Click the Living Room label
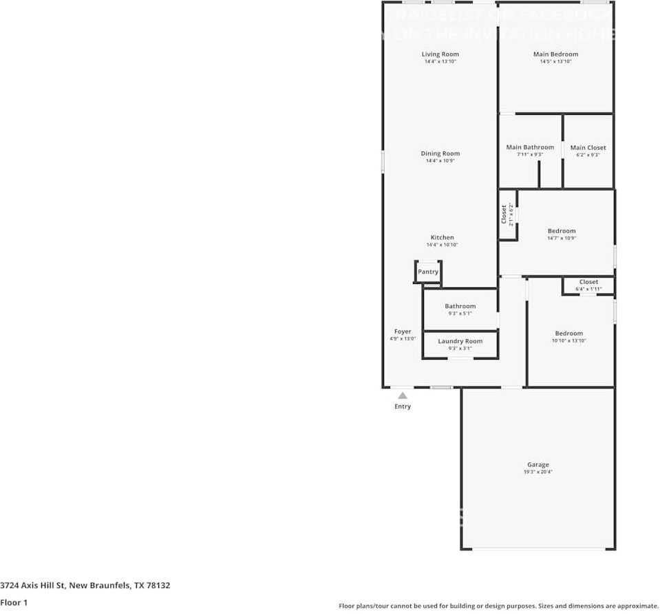440,54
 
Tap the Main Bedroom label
555,54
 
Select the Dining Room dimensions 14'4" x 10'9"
440,161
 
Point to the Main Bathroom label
530,147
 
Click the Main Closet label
588,147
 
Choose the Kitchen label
442,237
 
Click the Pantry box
428,272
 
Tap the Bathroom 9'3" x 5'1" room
460,309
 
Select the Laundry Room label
460,341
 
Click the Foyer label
403,331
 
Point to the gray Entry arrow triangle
403,395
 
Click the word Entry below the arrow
403,406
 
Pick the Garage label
538,465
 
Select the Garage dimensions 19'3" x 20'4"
538,472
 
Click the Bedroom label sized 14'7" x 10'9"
562,231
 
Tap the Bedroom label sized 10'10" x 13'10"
568,333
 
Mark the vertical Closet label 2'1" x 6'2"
507,215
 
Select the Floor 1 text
14,602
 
